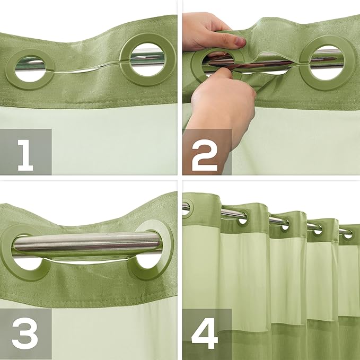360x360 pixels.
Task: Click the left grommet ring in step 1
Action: click(x=33, y=69)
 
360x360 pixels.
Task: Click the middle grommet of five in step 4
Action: click(x=284, y=225)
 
